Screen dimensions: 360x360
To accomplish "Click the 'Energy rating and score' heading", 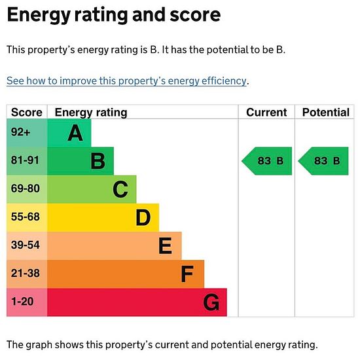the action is pos(114,16).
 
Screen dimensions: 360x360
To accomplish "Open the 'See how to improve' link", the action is pos(126,81).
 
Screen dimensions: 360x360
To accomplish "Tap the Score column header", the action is pos(27,113).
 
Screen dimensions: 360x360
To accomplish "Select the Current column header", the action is pos(266,113).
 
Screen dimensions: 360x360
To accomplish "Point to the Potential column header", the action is pos(326,113).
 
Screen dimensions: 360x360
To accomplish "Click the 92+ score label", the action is pos(20,132).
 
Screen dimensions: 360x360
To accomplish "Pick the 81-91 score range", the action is pos(25,160).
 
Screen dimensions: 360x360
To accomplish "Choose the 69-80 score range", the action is pos(26,189).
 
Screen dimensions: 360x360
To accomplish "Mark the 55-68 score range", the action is pos(26,217).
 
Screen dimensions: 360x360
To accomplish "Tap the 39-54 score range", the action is pos(26,245).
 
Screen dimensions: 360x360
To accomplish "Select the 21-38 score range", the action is pos(26,273).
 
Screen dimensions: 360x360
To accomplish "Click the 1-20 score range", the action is pos(22,302).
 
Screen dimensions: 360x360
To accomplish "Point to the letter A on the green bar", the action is pos(75,133).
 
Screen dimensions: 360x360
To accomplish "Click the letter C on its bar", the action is pos(120,189).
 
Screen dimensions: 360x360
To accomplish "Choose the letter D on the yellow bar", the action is pos(143,217).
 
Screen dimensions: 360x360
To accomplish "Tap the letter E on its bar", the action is pos(165,245).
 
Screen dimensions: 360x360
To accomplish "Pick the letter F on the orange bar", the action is pos(187,274).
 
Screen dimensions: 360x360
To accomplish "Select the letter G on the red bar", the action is pos(211,302).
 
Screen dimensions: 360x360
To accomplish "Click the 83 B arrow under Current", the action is pos(266,161).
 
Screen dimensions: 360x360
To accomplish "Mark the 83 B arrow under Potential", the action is pos(323,161).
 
